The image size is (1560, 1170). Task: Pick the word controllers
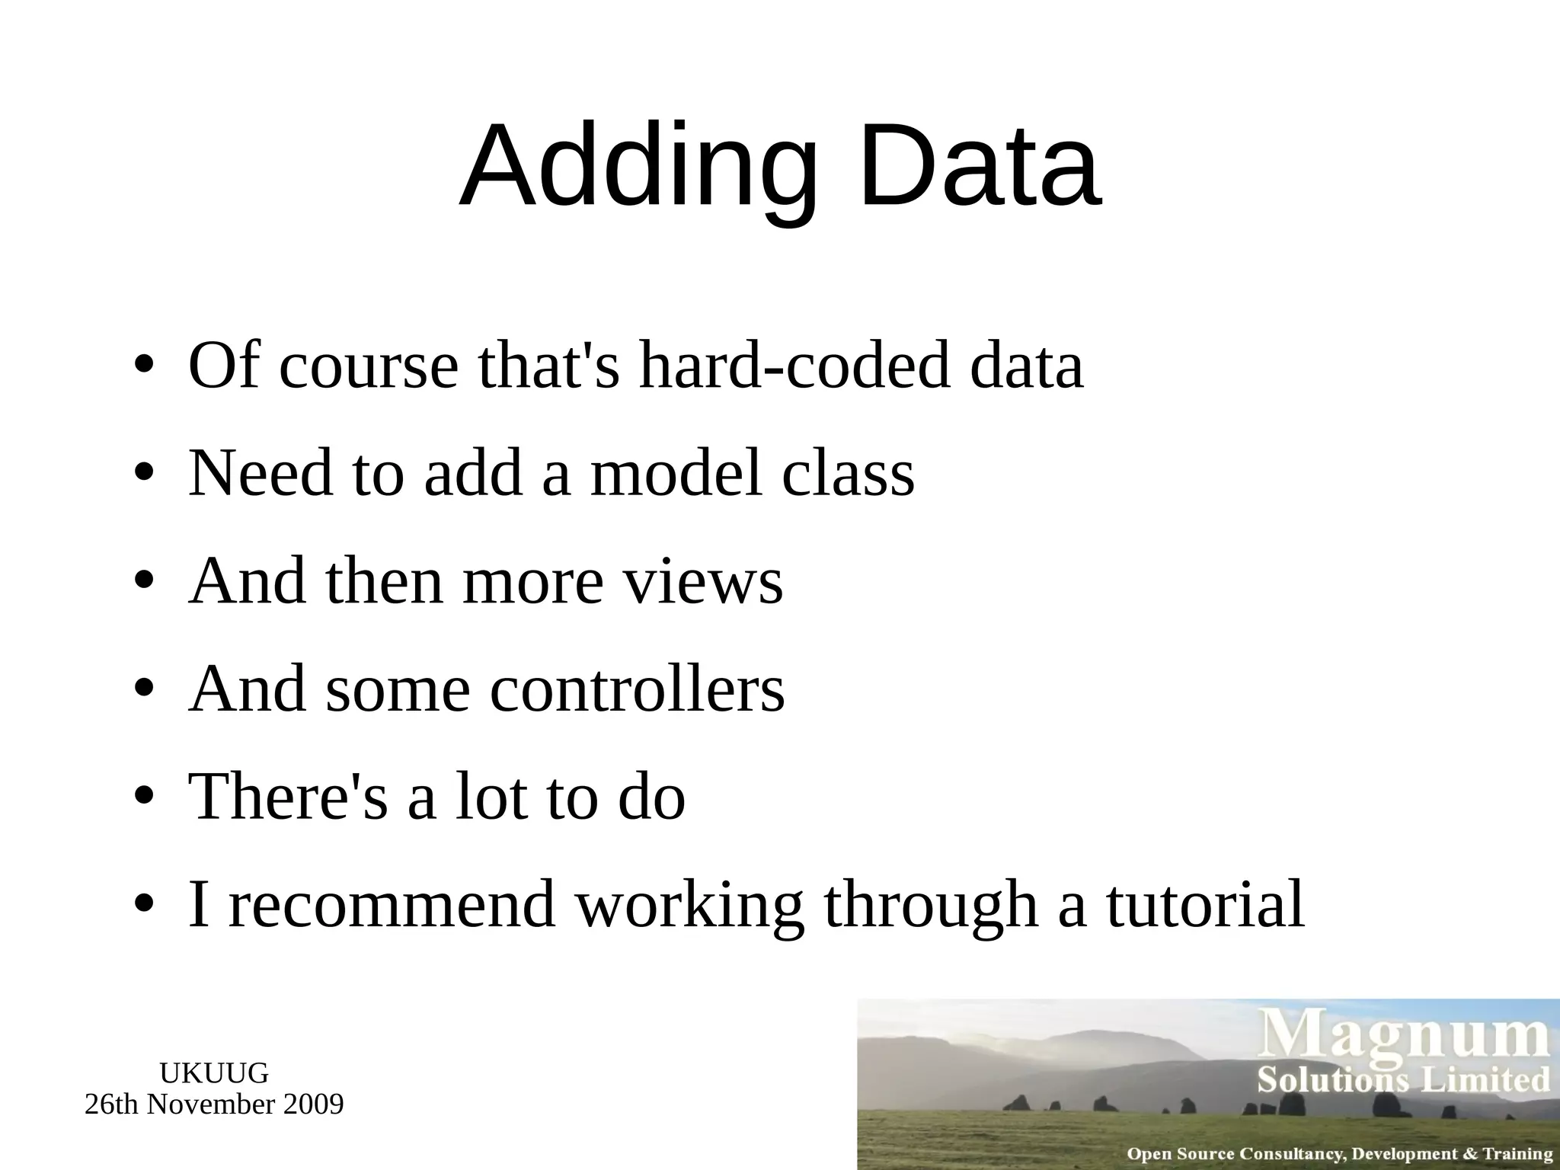[637, 689]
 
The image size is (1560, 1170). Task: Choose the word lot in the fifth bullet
[491, 797]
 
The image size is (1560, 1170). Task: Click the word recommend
[392, 905]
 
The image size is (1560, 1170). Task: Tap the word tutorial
[1205, 905]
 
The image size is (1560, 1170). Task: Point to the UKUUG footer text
[214, 1072]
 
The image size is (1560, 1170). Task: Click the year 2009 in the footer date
[313, 1104]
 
